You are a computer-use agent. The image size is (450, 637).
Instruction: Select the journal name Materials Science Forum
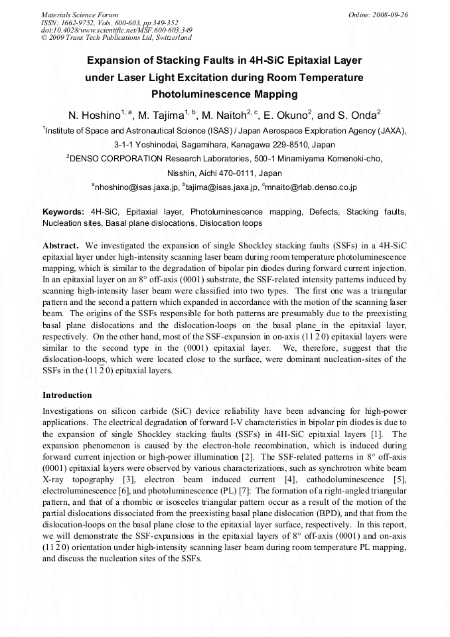pos(79,15)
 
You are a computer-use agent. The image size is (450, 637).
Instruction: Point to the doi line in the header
pos(116,30)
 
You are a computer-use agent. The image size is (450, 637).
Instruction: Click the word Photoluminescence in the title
pos(224,94)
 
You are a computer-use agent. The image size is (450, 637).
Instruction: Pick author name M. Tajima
pos(161,115)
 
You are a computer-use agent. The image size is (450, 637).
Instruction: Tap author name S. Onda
pos(357,115)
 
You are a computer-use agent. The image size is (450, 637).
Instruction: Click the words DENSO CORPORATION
pos(117,159)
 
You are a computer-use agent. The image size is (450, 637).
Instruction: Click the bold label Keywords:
pos(63,212)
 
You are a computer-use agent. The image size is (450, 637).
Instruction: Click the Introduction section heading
pos(67,395)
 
